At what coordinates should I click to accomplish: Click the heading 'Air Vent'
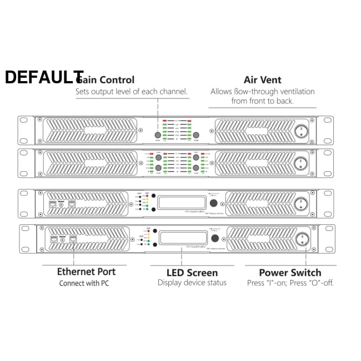(x=262, y=80)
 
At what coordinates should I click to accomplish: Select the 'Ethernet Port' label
(x=86, y=272)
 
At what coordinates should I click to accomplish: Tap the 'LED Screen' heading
(x=192, y=273)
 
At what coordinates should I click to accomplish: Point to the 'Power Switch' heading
(x=290, y=273)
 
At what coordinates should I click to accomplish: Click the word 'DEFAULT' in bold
(x=44, y=78)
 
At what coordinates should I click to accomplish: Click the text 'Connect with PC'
(x=84, y=283)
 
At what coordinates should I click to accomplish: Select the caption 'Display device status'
(x=192, y=283)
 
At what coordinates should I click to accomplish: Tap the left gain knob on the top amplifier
(x=158, y=136)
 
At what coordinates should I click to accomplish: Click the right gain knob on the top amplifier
(x=197, y=136)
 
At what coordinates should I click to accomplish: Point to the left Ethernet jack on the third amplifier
(x=53, y=204)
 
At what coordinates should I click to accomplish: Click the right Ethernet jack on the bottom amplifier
(x=72, y=239)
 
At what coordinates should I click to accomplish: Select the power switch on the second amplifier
(x=303, y=163)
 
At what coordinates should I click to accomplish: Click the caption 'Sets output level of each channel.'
(x=132, y=92)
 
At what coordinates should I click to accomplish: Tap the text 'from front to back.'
(x=263, y=101)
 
